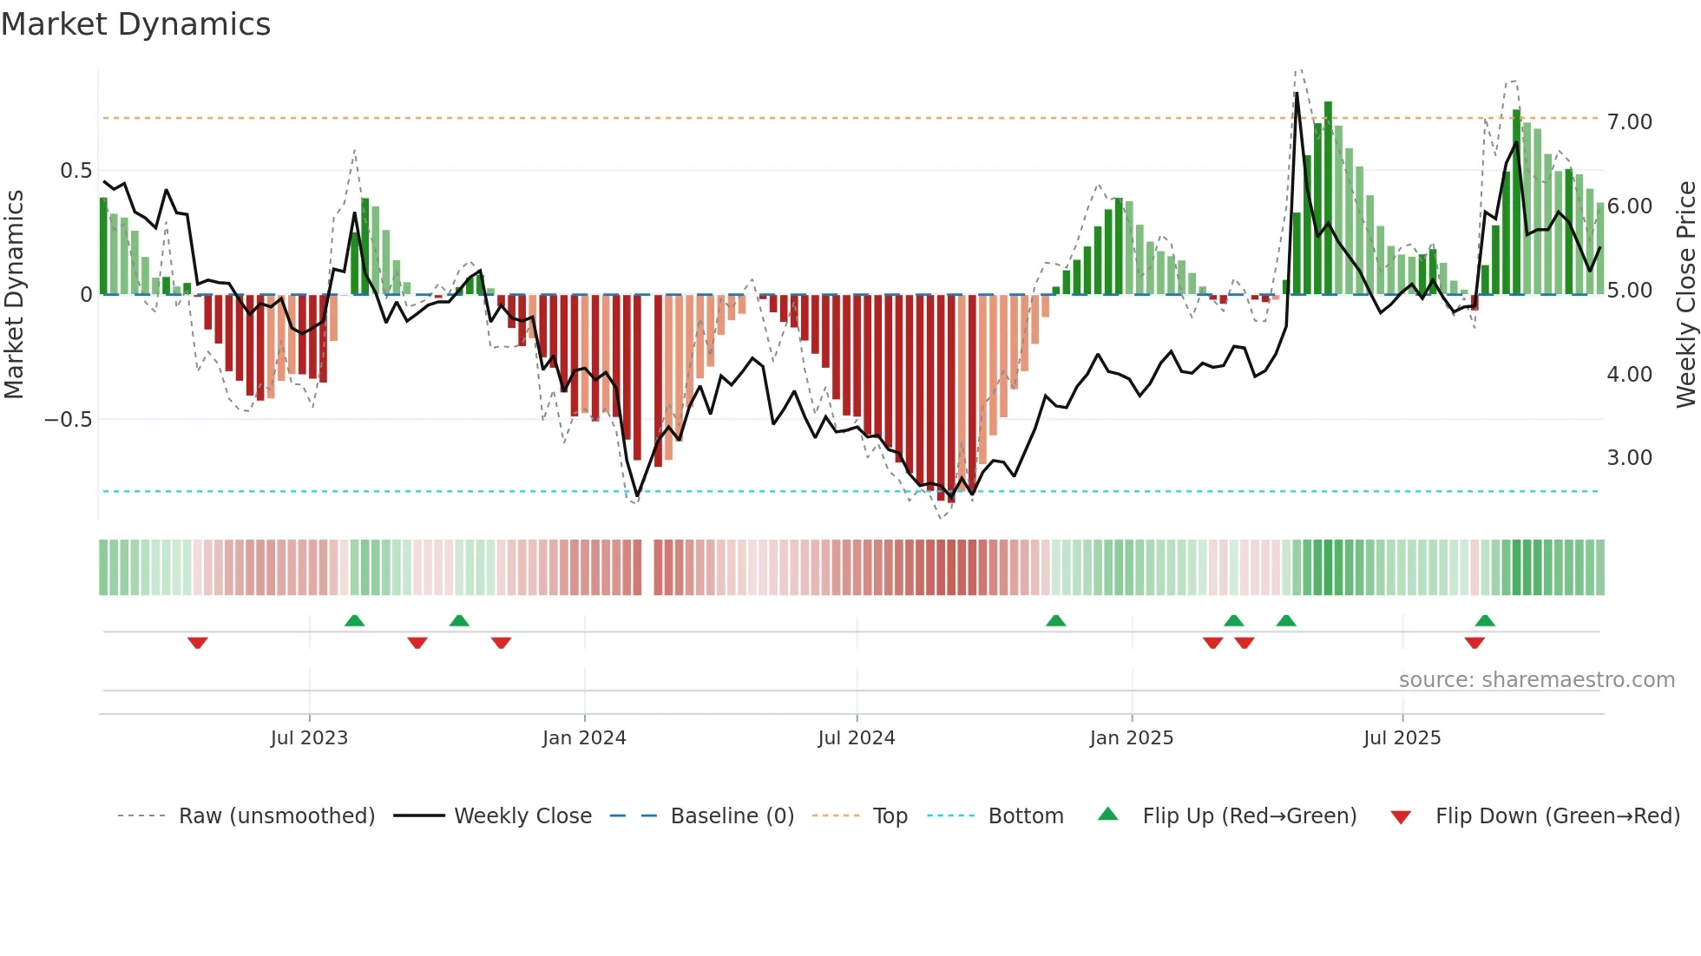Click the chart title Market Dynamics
pos(136,24)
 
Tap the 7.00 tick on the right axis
pos(1629,122)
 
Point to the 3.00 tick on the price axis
pos(1629,458)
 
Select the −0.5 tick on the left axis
pos(69,420)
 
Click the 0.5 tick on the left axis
pos(76,171)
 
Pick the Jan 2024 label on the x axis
pos(584,738)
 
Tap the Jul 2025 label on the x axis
pos(1402,738)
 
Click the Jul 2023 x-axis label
pos(309,738)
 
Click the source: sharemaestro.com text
pos(1536,680)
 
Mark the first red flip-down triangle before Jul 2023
pos(198,643)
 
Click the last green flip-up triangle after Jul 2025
pos(1485,620)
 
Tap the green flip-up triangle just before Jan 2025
pos(1055,620)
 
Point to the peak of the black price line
pos(1297,93)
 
